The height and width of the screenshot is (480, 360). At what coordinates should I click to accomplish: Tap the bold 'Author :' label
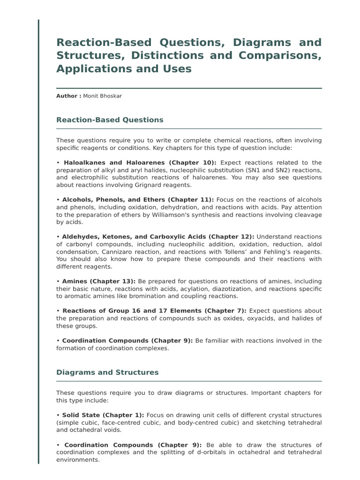coord(68,96)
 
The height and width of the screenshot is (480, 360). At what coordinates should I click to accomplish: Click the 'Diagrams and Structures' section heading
coord(107,372)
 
